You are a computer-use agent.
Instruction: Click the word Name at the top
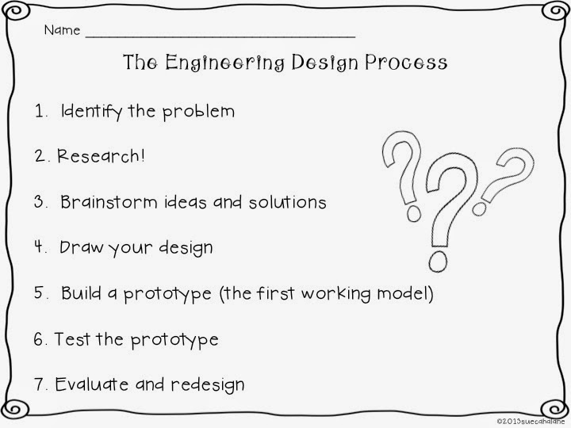pyautogui.click(x=62, y=30)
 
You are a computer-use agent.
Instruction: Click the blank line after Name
pyautogui.click(x=220, y=36)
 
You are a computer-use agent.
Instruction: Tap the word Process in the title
pyautogui.click(x=406, y=62)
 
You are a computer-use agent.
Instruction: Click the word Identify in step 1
pyautogui.click(x=91, y=111)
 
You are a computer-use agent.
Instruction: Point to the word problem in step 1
pyautogui.click(x=198, y=112)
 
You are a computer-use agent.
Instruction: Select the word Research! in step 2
pyautogui.click(x=101, y=156)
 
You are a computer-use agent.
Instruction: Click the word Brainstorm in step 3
pyautogui.click(x=109, y=202)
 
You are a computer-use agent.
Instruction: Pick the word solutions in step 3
pyautogui.click(x=287, y=202)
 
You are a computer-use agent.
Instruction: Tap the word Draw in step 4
pyautogui.click(x=81, y=247)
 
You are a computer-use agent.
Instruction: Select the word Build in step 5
pyautogui.click(x=81, y=293)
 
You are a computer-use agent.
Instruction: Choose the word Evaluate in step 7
pyautogui.click(x=91, y=384)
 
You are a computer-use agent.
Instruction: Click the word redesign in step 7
pyautogui.click(x=208, y=385)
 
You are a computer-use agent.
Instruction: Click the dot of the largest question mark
pyautogui.click(x=438, y=261)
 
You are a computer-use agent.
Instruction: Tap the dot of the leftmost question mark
pyautogui.click(x=414, y=213)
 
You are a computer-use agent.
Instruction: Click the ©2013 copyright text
pyautogui.click(x=531, y=421)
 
